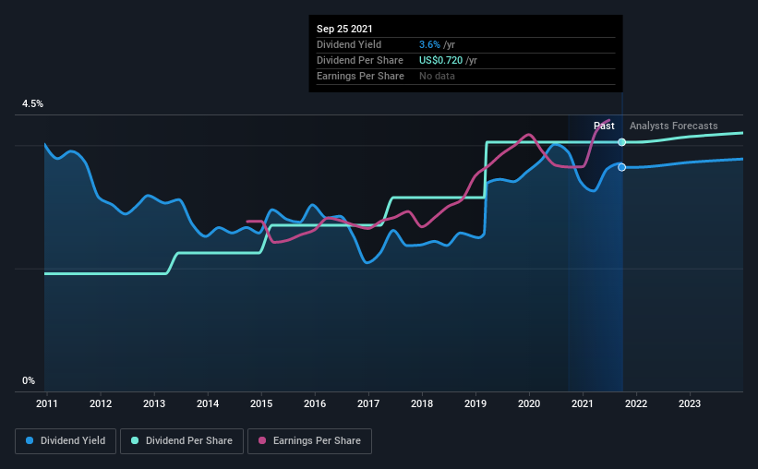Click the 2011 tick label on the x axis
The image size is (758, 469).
(47, 403)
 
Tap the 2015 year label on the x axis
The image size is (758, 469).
(261, 403)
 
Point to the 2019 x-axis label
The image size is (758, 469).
(475, 403)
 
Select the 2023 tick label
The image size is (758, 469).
(690, 403)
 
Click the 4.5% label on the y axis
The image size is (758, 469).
(32, 104)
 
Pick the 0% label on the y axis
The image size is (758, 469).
(29, 381)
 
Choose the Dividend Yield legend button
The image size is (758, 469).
(66, 441)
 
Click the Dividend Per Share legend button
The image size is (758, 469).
(182, 441)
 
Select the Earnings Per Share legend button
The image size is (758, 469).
(309, 441)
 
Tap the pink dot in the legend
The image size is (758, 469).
(262, 440)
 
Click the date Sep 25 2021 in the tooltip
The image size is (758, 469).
(344, 29)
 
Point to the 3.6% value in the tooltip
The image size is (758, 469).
(429, 44)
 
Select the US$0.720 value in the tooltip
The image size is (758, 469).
(441, 60)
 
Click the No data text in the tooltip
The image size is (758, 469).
(437, 76)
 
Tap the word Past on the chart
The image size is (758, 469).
(604, 126)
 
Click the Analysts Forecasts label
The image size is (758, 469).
(673, 126)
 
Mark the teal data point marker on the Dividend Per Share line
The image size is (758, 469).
(622, 142)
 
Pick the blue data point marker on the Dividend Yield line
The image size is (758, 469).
(622, 167)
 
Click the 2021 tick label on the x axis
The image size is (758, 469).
(582, 403)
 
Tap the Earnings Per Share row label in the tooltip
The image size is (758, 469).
(360, 76)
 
